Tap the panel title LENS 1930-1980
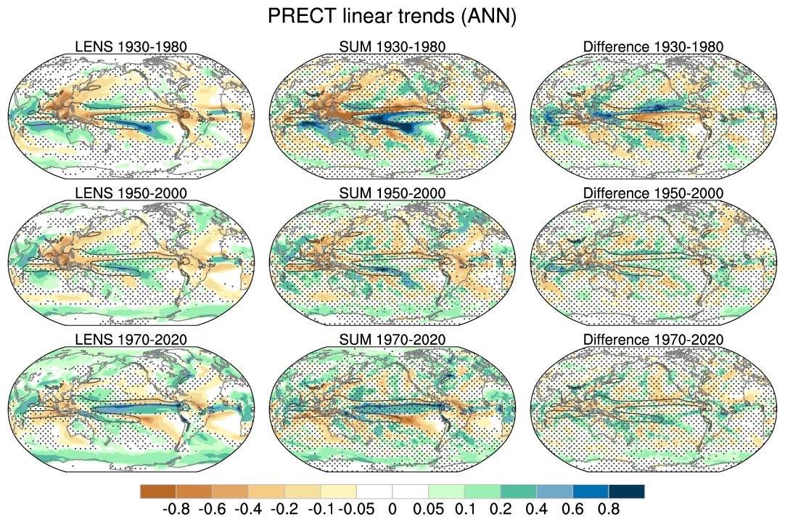point(131,47)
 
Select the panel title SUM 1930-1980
point(392,47)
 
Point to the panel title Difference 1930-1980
point(653,47)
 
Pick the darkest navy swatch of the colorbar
point(626,492)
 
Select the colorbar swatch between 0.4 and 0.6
point(554,492)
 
